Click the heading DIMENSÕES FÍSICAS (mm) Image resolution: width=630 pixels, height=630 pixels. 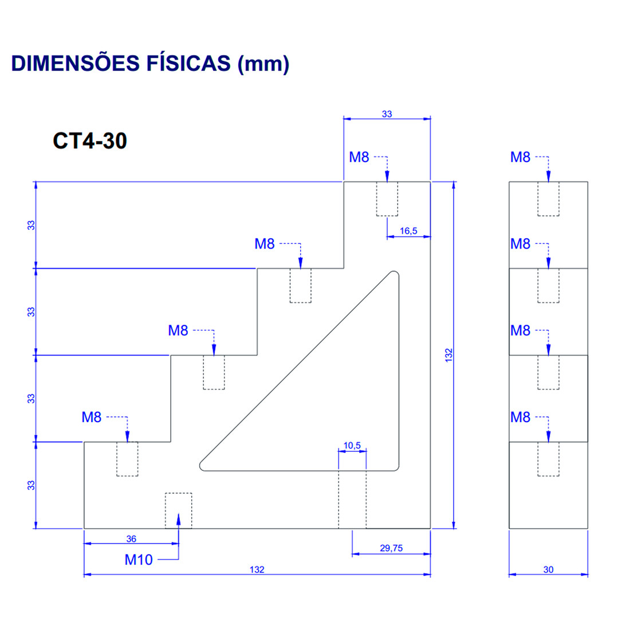(x=150, y=63)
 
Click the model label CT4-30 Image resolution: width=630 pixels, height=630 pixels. (x=90, y=141)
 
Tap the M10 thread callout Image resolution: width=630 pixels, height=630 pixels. (x=139, y=560)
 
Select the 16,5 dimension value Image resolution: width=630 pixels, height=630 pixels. (x=408, y=231)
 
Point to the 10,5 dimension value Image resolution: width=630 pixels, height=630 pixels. (x=352, y=445)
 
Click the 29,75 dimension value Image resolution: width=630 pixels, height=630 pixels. (x=391, y=548)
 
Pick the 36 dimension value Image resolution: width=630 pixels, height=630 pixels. (x=131, y=539)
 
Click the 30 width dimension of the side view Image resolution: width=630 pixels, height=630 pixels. (x=548, y=569)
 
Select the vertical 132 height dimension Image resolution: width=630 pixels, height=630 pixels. (x=449, y=355)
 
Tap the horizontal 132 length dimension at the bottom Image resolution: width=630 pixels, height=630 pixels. (x=257, y=569)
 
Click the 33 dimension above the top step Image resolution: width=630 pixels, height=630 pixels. (x=387, y=114)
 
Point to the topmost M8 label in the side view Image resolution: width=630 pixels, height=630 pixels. (x=520, y=157)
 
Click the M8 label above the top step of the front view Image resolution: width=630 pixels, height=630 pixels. (x=359, y=157)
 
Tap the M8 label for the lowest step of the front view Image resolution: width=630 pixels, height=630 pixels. (x=91, y=417)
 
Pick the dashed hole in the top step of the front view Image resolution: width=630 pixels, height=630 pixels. (x=387, y=199)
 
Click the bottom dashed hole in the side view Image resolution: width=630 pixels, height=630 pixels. (x=548, y=459)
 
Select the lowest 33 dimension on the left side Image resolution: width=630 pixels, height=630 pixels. (x=31, y=485)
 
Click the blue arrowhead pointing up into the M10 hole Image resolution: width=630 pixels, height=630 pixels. (x=179, y=519)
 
